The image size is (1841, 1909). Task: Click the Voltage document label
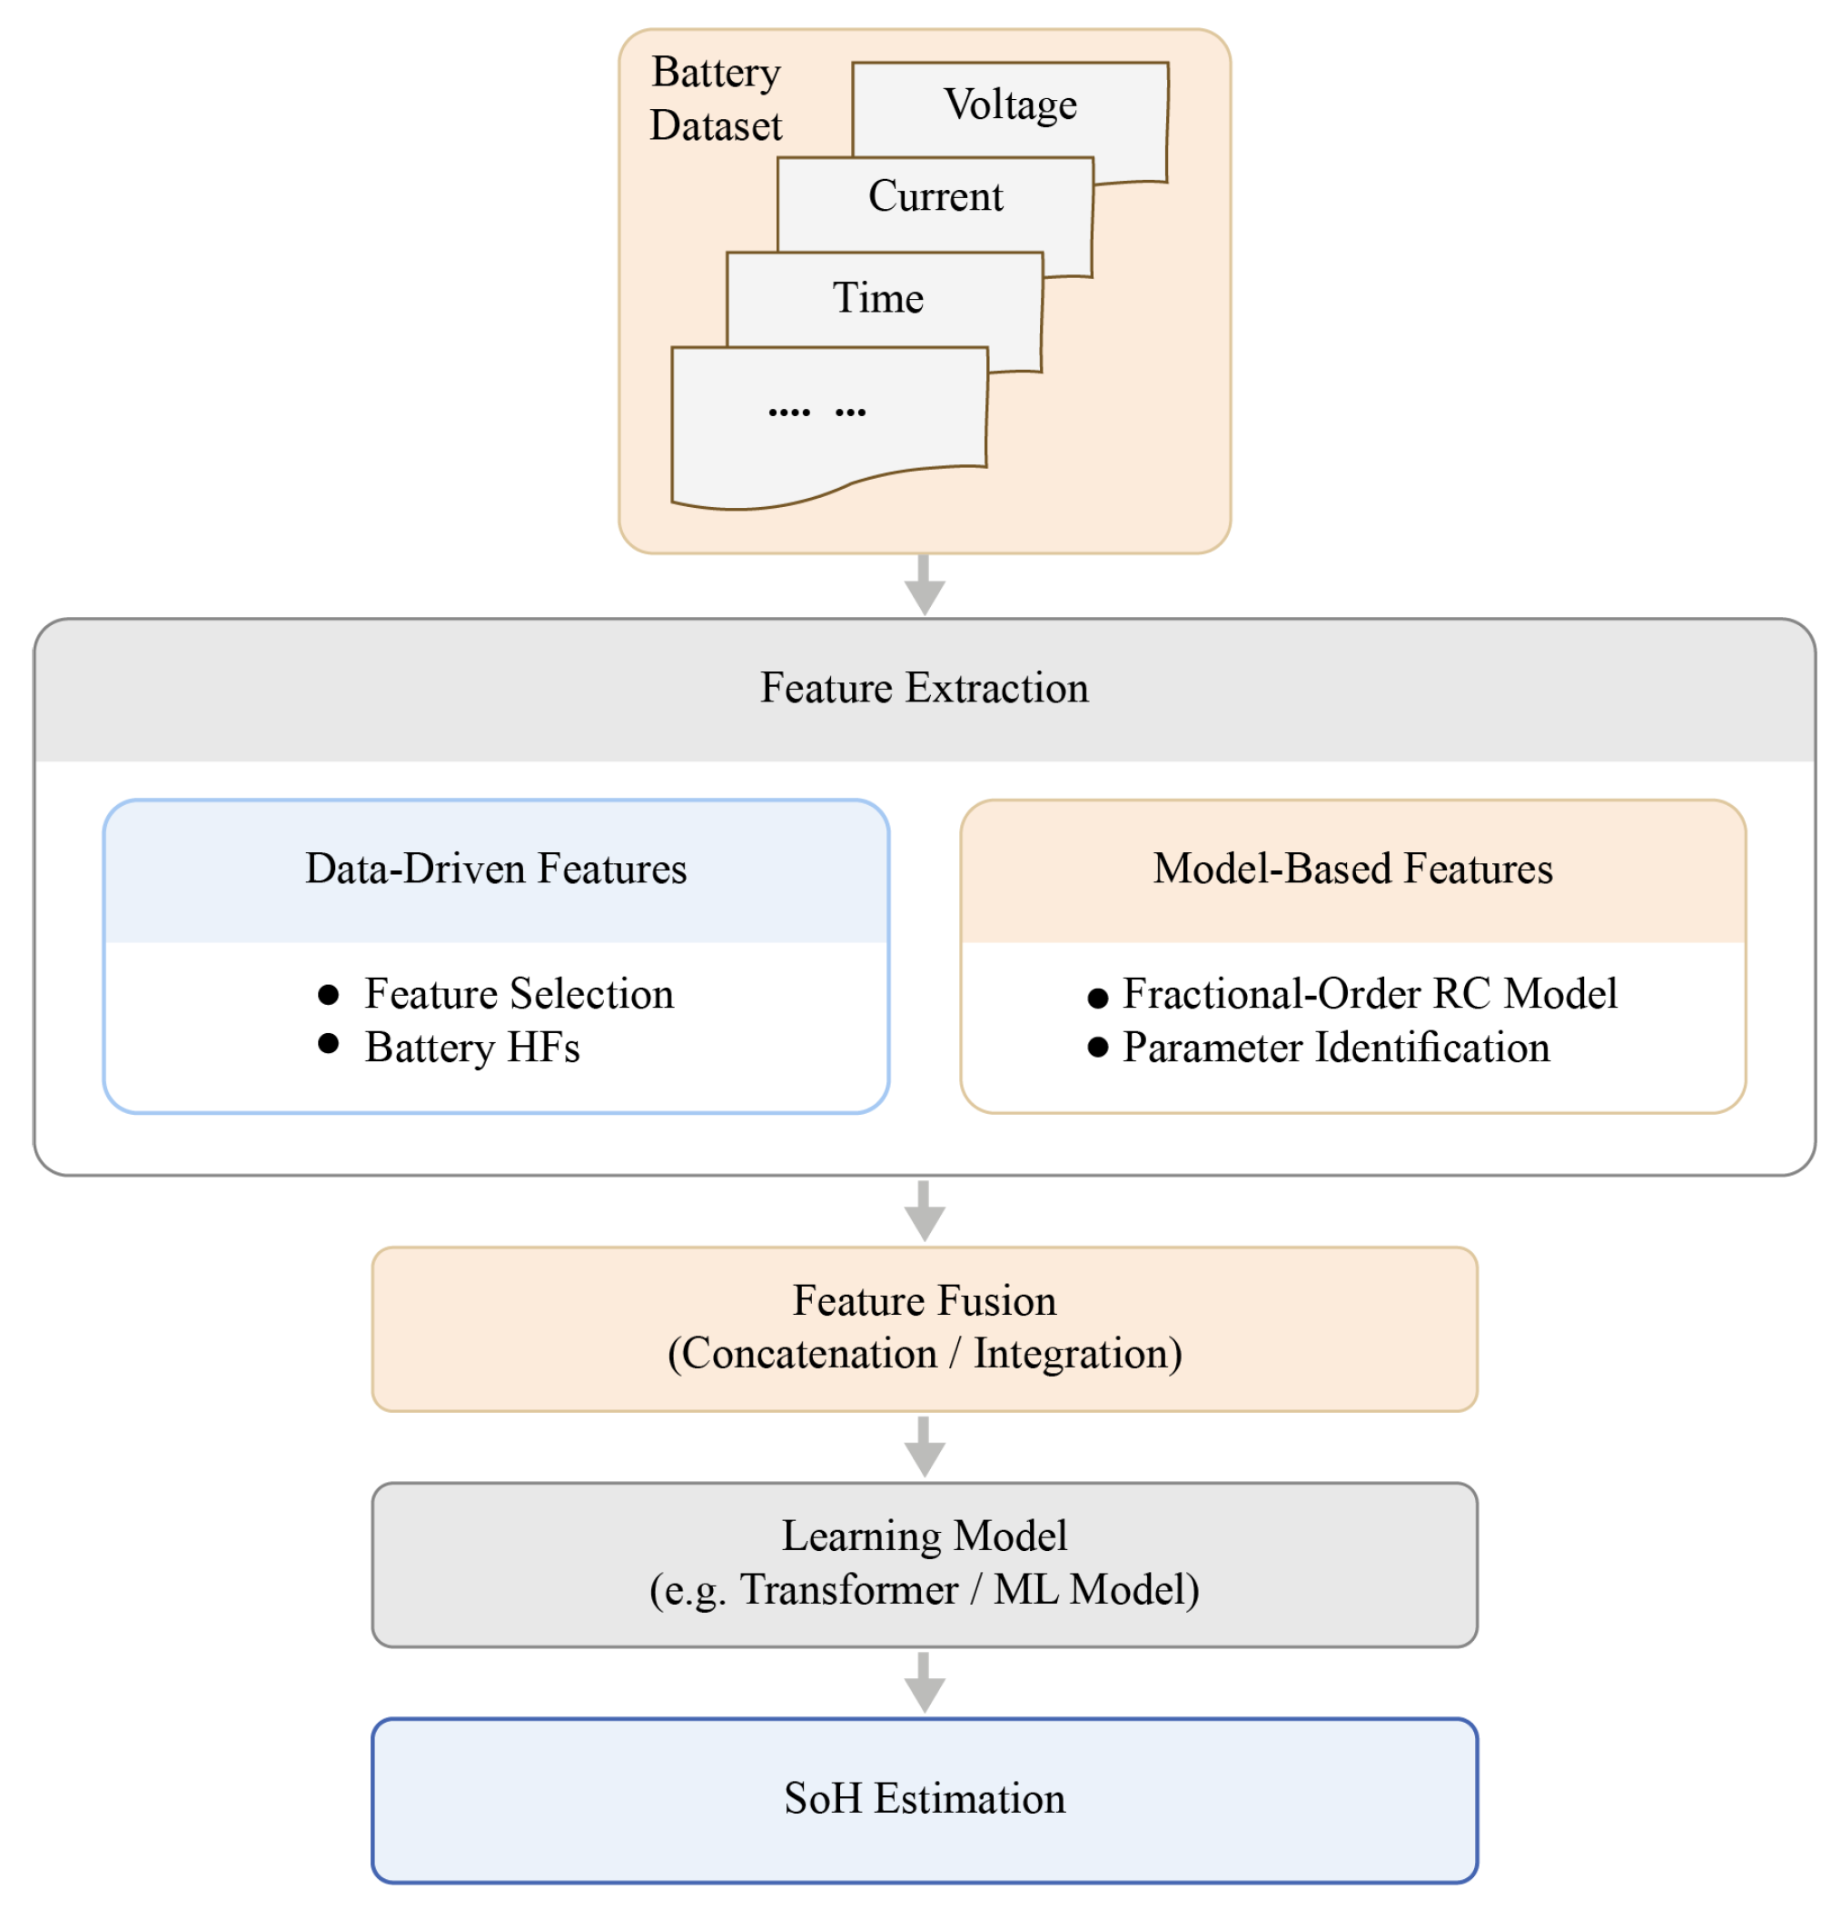click(x=1010, y=105)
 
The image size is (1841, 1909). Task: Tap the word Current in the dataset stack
click(x=935, y=195)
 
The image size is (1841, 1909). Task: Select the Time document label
click(x=877, y=297)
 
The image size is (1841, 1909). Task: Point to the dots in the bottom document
click(x=816, y=412)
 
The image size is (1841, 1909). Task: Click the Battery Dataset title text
click(x=716, y=98)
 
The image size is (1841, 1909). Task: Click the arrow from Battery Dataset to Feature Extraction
click(x=924, y=583)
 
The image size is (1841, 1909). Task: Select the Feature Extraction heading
click(x=924, y=687)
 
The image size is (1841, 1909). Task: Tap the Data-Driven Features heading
click(x=496, y=867)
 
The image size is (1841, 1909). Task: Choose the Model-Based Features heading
click(x=1352, y=867)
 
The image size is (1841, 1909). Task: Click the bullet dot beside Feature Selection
click(x=328, y=993)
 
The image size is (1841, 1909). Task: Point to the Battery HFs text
click(x=472, y=1047)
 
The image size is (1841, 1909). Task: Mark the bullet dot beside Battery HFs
click(x=328, y=1043)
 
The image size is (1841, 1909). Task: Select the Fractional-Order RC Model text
click(x=1370, y=992)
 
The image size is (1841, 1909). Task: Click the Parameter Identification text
click(x=1336, y=1047)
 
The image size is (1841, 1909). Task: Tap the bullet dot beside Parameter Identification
click(x=1097, y=1047)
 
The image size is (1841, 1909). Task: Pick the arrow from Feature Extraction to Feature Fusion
click(x=924, y=1209)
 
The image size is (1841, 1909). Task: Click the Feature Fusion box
click(x=924, y=1328)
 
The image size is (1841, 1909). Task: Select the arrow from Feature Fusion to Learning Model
click(x=924, y=1447)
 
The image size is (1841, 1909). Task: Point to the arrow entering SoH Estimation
click(x=924, y=1682)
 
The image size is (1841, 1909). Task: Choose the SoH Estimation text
click(x=924, y=1798)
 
